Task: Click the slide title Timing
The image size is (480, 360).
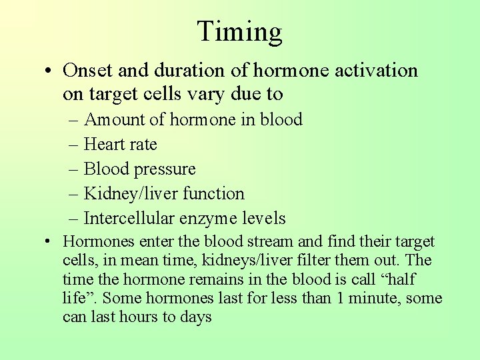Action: (x=240, y=31)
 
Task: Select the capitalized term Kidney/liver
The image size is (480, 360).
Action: (x=126, y=194)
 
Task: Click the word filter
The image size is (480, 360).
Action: (x=307, y=261)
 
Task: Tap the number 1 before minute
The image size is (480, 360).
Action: (x=340, y=298)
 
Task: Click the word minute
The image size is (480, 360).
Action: (x=371, y=298)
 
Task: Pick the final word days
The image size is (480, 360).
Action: (x=196, y=317)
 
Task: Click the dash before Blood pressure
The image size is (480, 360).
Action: (x=71, y=170)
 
